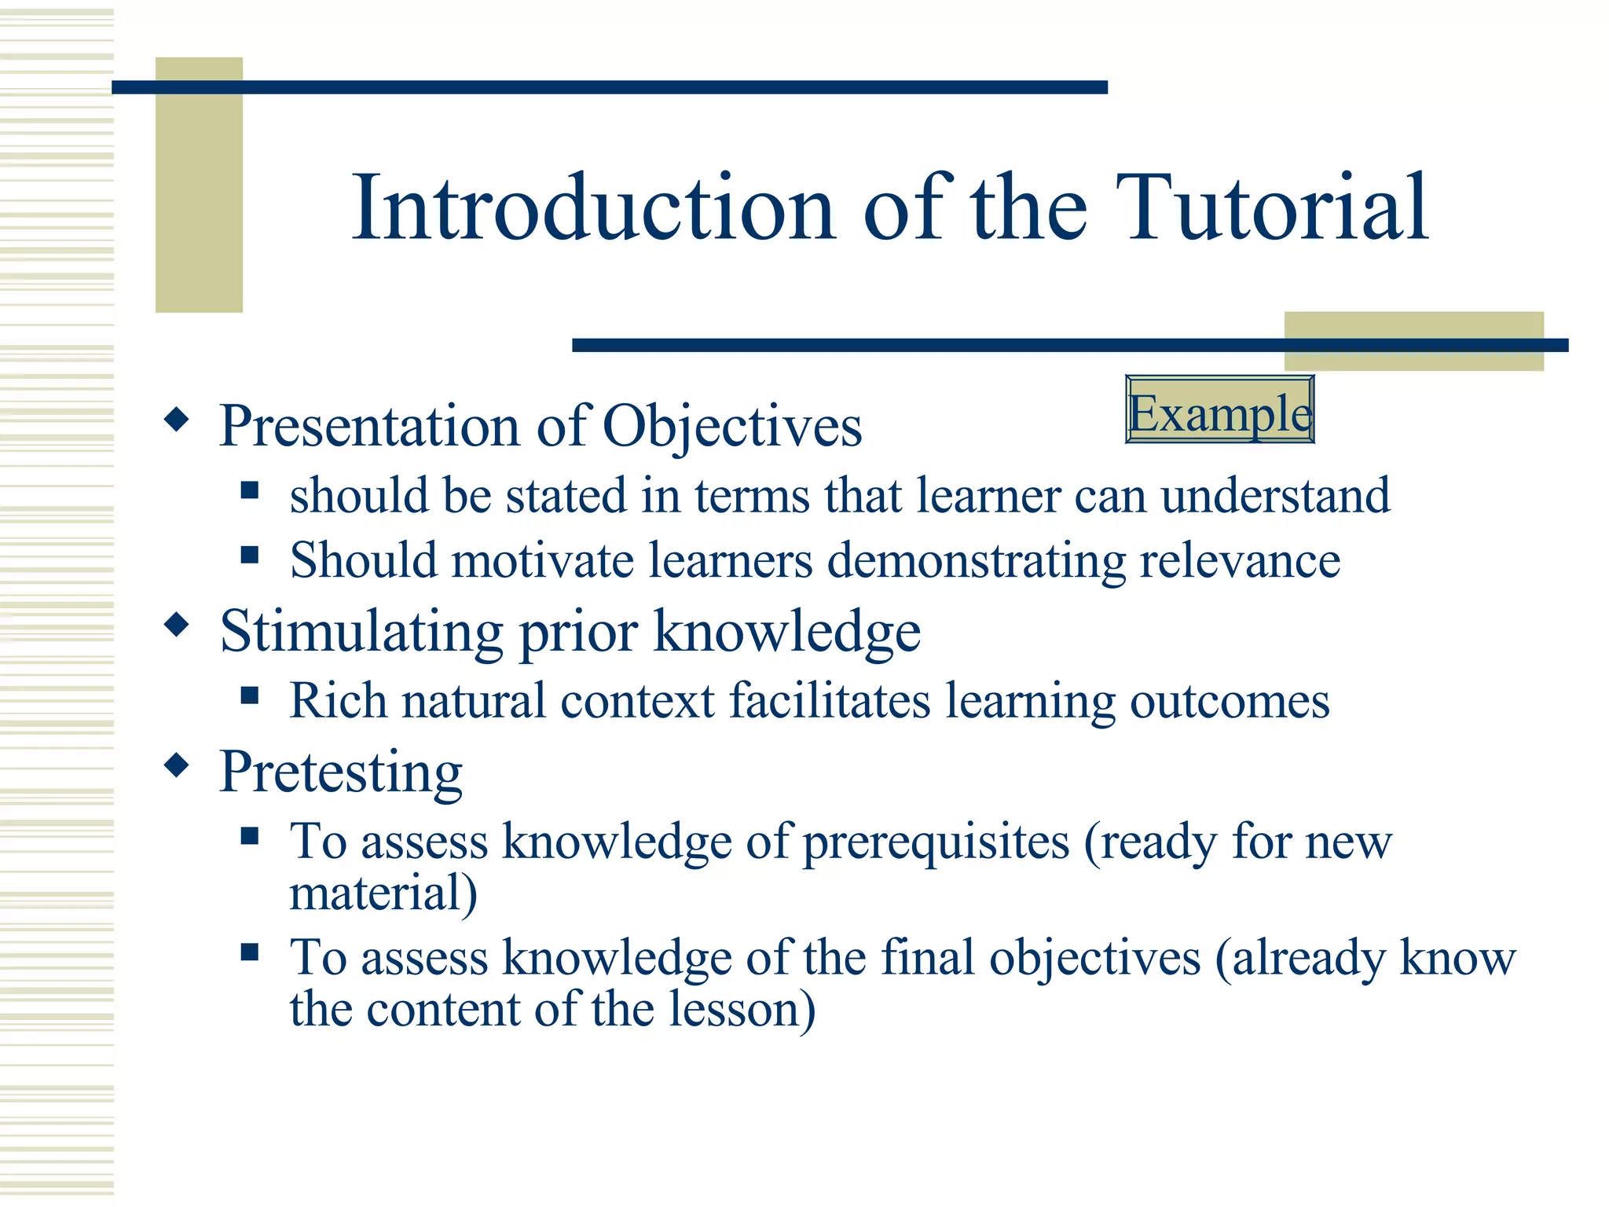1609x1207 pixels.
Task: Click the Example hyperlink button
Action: pyautogui.click(x=1219, y=410)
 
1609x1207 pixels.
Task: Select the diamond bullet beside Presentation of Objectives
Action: pyautogui.click(x=177, y=420)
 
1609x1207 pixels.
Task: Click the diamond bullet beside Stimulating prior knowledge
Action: pyautogui.click(x=177, y=626)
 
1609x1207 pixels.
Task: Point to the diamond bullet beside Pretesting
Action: pyautogui.click(x=177, y=765)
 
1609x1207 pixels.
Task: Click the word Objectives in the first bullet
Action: pyautogui.click(x=732, y=427)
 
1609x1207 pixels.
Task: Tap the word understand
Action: pyautogui.click(x=1275, y=496)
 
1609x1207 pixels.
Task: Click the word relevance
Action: pyautogui.click(x=1240, y=561)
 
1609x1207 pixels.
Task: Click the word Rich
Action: pyautogui.click(x=339, y=700)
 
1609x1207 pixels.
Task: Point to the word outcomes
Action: pyautogui.click(x=1230, y=702)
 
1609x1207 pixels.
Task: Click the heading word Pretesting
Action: pyautogui.click(x=341, y=772)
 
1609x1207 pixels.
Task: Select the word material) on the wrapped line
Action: pyautogui.click(x=383, y=894)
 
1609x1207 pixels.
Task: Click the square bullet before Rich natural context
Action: pyautogui.click(x=250, y=695)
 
